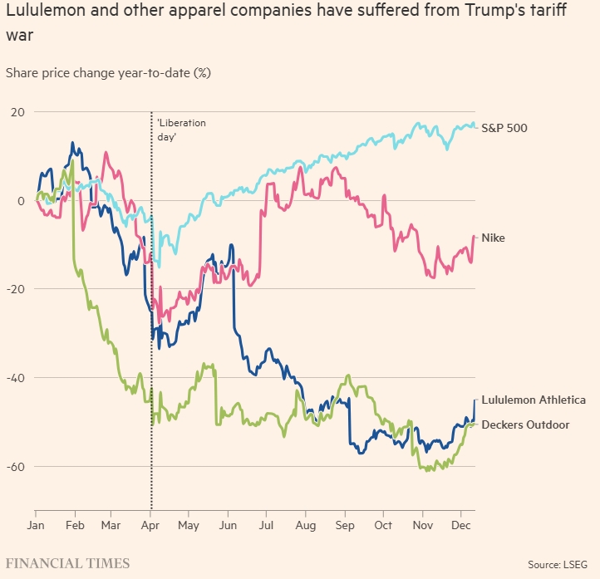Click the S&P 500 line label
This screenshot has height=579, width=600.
tap(504, 129)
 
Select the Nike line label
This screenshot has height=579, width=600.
tap(493, 238)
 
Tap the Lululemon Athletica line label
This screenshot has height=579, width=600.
tap(533, 400)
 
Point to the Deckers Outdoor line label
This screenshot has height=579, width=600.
tap(525, 425)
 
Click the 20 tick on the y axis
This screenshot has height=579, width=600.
tap(17, 112)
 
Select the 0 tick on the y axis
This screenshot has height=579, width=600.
tap(21, 201)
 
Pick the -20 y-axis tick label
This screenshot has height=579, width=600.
tap(16, 289)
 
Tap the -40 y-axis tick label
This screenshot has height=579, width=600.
tap(16, 378)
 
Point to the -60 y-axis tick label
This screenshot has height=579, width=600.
tap(16, 467)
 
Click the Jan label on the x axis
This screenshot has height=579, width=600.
tap(36, 526)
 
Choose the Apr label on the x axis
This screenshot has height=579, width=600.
tap(151, 526)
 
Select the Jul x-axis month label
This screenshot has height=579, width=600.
tap(266, 526)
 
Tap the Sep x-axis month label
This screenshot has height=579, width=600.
tap(345, 526)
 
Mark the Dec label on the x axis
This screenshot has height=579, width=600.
tap(460, 526)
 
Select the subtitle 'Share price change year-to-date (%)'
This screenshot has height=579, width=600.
tap(108, 73)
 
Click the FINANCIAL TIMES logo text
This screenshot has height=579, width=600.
tap(68, 563)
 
